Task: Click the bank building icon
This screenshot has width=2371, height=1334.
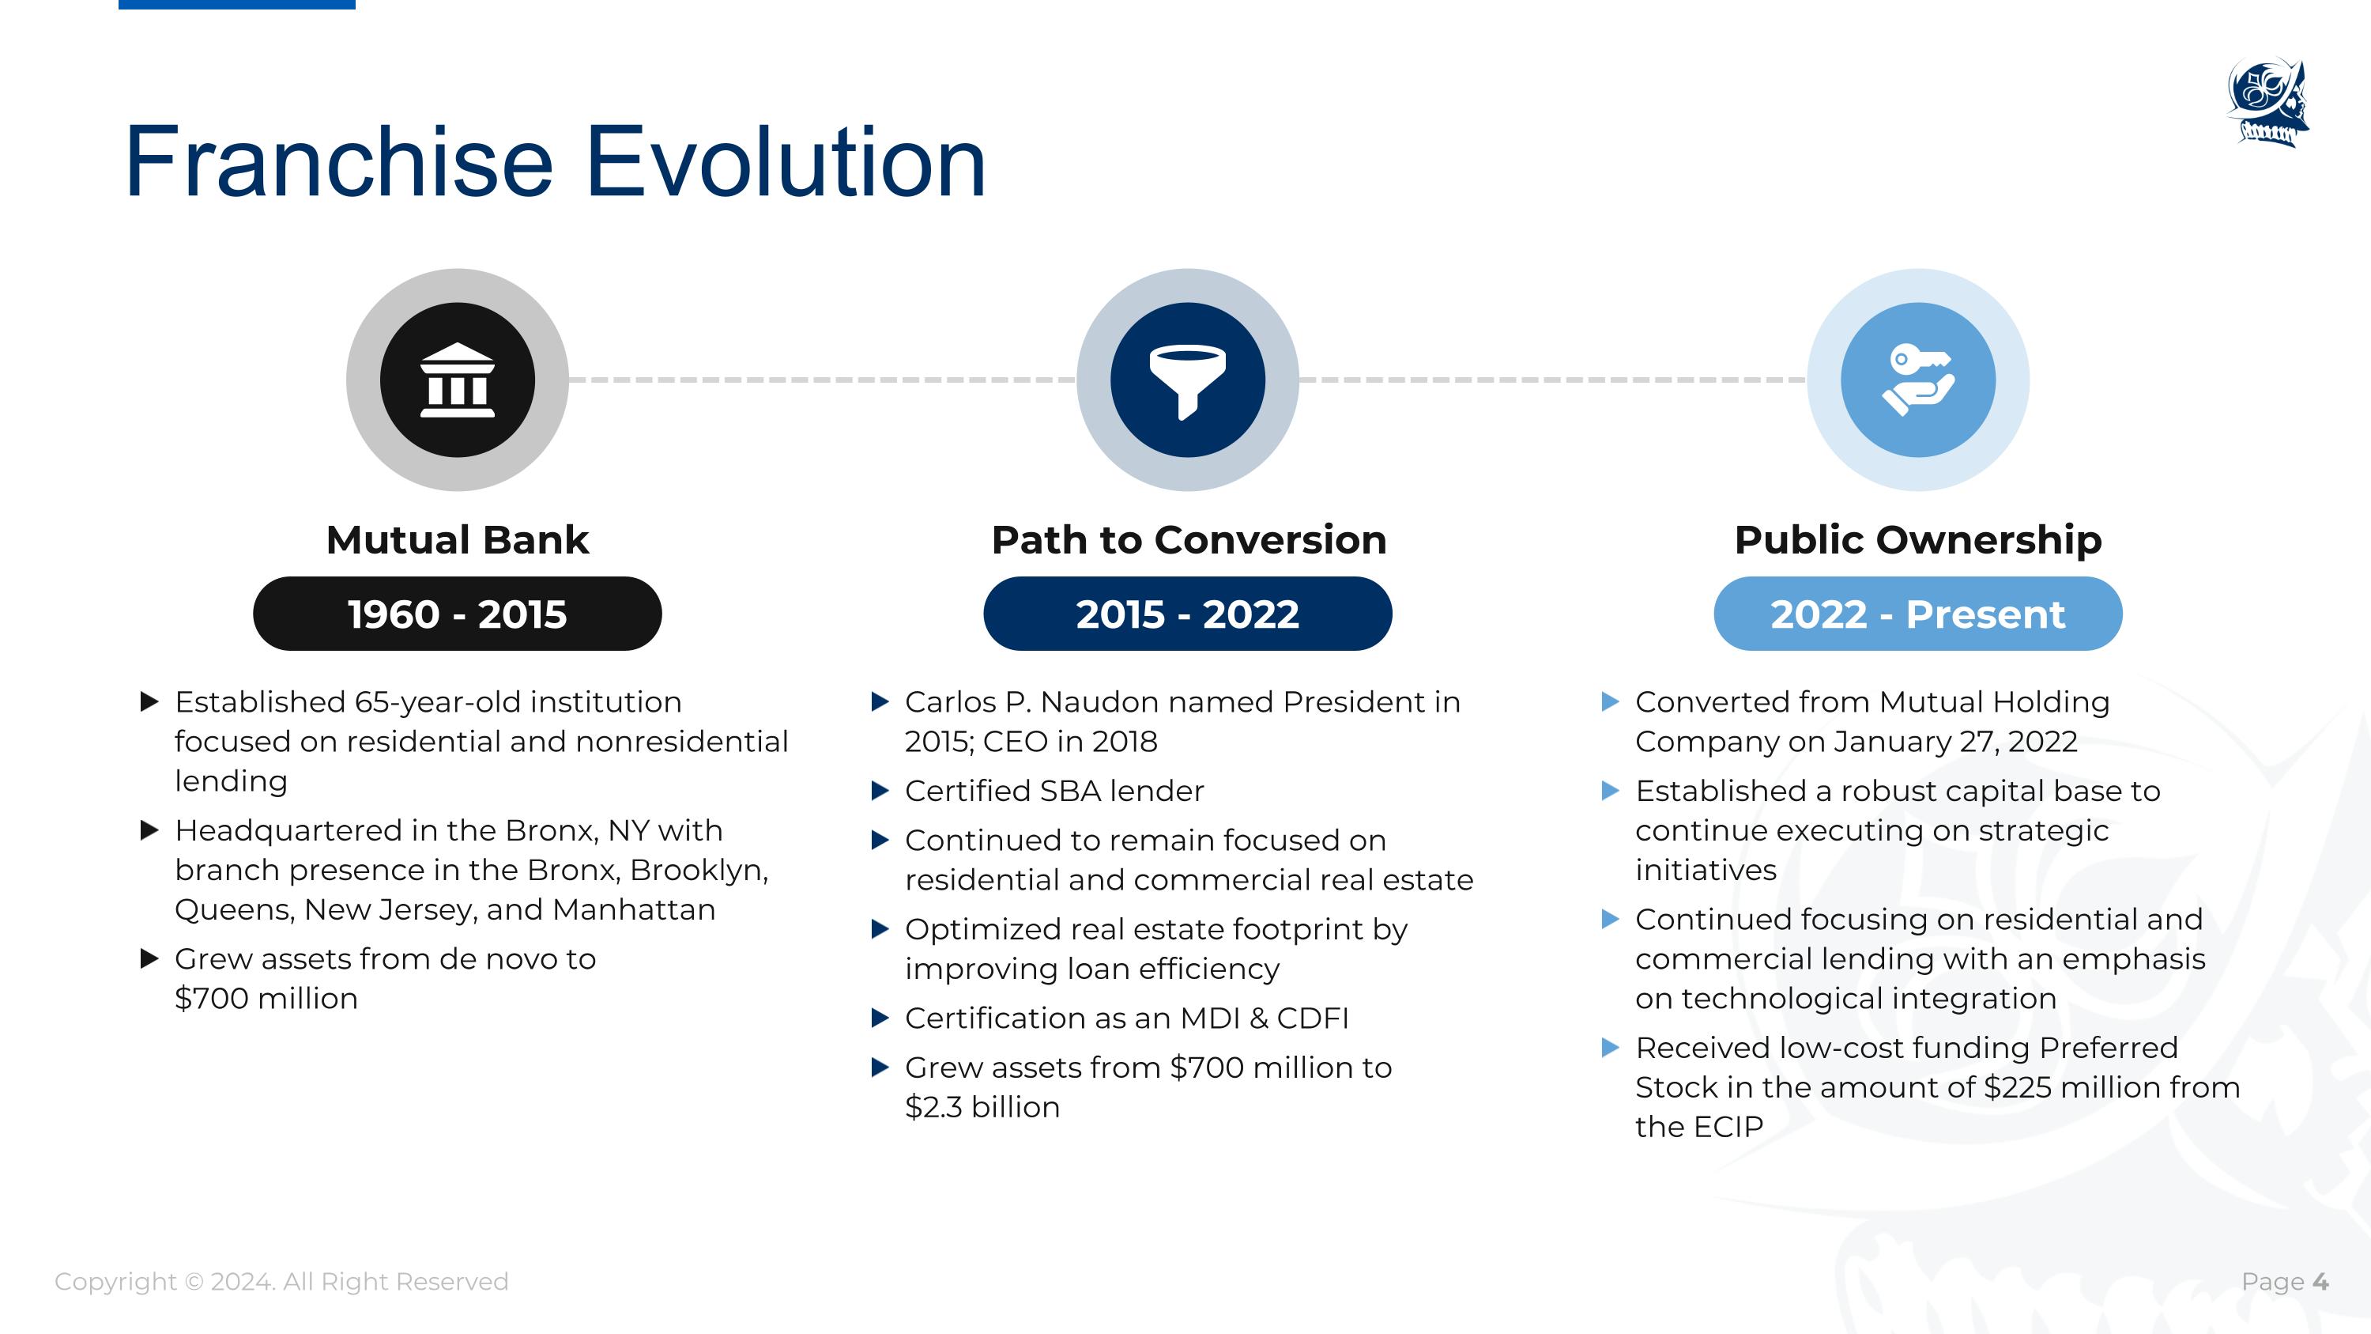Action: pyautogui.click(x=458, y=380)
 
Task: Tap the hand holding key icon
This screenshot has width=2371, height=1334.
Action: pyautogui.click(x=1918, y=380)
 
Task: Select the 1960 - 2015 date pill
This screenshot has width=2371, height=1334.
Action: pyautogui.click(x=458, y=614)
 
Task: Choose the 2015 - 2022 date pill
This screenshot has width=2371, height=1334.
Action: pyautogui.click(x=1187, y=614)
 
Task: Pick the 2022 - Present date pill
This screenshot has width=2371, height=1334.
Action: pyautogui.click(x=1918, y=614)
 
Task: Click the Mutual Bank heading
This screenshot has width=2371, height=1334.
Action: pyautogui.click(x=458, y=539)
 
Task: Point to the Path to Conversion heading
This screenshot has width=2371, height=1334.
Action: pyautogui.click(x=1188, y=539)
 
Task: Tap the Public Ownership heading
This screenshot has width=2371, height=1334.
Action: pyautogui.click(x=1918, y=539)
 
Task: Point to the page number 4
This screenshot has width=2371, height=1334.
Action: pyautogui.click(x=2320, y=1282)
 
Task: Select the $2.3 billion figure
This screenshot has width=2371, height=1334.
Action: pyautogui.click(x=982, y=1106)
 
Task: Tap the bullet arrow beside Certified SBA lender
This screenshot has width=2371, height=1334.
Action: pyautogui.click(x=880, y=791)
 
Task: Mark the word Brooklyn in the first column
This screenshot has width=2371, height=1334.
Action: pyautogui.click(x=699, y=870)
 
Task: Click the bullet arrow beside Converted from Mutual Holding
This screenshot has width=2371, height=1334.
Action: pyautogui.click(x=1610, y=702)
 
